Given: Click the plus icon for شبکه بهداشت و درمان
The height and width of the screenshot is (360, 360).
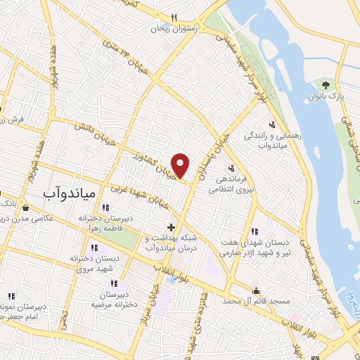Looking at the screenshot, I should [x=171, y=229].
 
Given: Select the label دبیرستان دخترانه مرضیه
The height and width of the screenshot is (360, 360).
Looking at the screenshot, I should [x=117, y=300].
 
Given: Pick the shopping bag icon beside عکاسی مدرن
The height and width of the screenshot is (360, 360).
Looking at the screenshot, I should [x=25, y=208].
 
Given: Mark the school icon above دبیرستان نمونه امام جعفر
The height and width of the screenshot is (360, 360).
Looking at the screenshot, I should [x=11, y=296].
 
